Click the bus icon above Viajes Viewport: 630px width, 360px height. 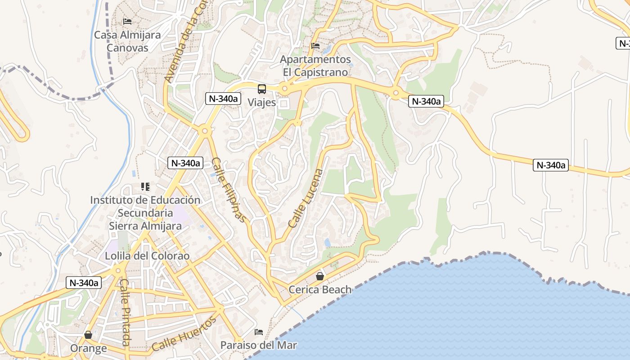coord(262,89)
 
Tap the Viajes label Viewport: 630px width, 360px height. coord(262,102)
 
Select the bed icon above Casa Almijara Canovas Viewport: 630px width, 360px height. coord(127,21)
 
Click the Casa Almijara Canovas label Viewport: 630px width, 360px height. coord(127,41)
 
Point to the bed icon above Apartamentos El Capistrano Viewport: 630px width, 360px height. coord(315,46)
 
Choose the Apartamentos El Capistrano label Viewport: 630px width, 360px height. coord(315,66)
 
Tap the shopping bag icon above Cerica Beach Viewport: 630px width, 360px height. coord(320,276)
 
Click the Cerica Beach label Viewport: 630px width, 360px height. coord(320,289)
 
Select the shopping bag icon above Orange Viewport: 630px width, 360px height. coord(88,335)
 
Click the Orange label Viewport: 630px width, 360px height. coord(89,348)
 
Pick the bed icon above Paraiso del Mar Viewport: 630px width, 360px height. coord(259,332)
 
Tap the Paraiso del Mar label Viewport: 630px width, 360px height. coord(259,346)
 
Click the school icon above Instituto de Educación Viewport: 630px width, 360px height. coord(145,186)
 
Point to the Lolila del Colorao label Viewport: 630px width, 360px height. coord(147,256)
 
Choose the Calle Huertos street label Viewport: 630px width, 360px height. coord(184,334)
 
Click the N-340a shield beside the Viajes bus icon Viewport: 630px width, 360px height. coord(224,99)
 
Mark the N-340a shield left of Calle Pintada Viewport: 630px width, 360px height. coord(84,283)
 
